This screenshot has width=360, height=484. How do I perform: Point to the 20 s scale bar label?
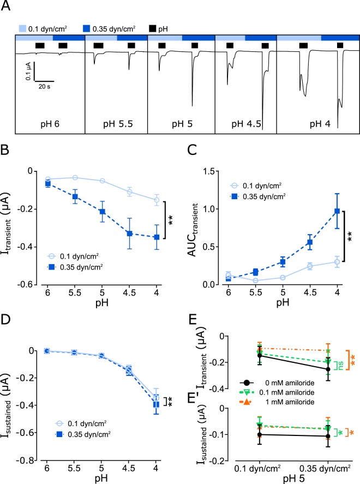[x=45, y=86]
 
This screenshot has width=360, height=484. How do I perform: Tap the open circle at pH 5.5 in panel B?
[x=75, y=177]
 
